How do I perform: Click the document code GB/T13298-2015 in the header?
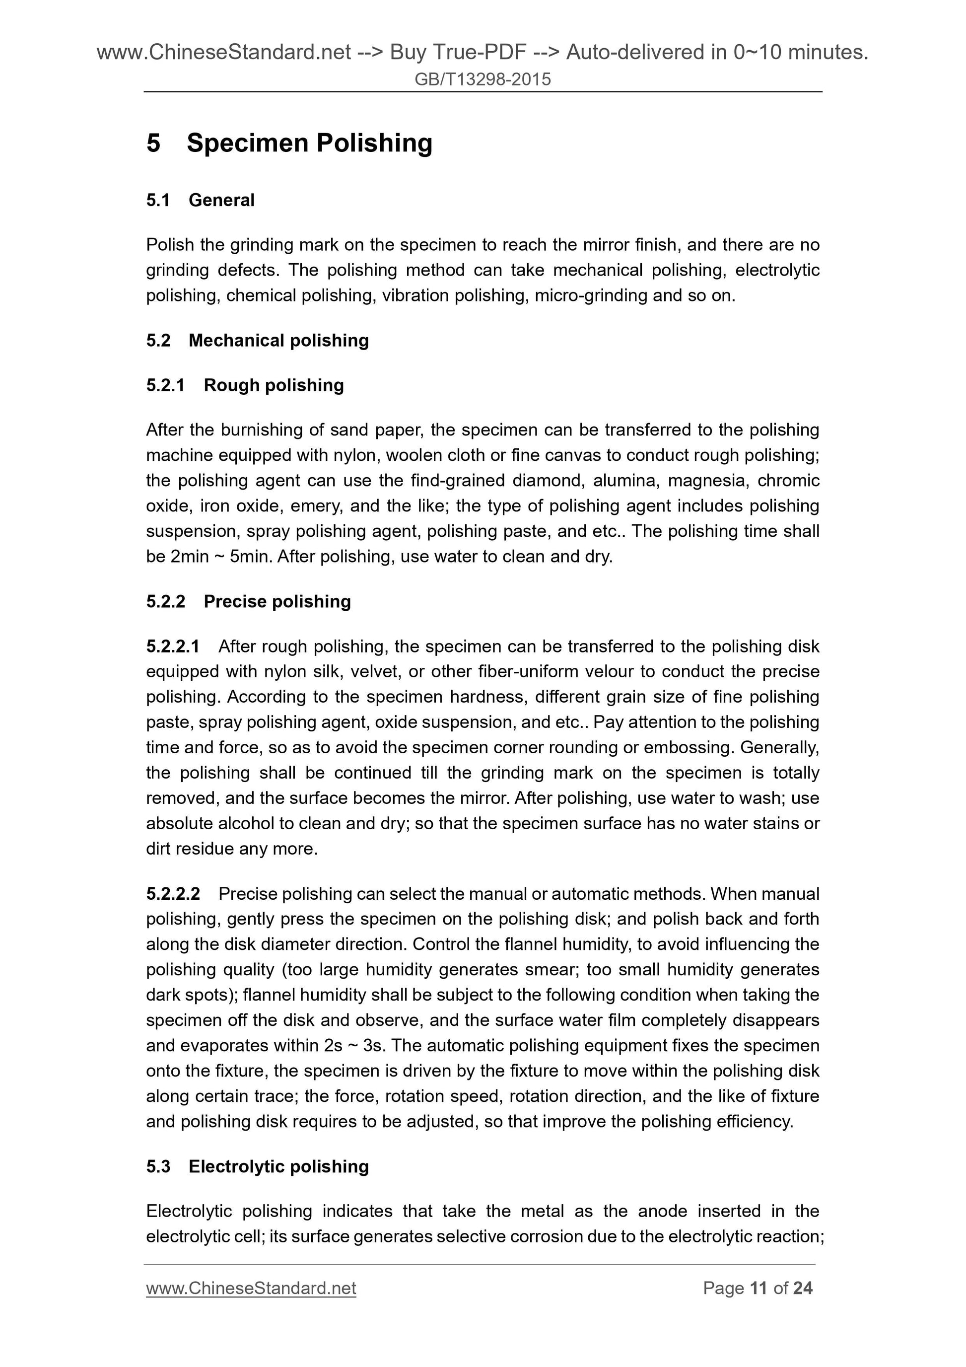[x=482, y=79]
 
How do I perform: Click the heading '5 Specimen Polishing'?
[x=289, y=143]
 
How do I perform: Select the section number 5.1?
[x=158, y=200]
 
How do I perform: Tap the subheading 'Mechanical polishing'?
[x=278, y=341]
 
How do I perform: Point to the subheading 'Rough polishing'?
[x=274, y=385]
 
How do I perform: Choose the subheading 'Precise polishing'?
[x=277, y=601]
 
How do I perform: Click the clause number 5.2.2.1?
[x=173, y=646]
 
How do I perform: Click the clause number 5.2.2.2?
[x=173, y=894]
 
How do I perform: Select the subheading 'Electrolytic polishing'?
[x=278, y=1166]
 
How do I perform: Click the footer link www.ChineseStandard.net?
[x=251, y=1289]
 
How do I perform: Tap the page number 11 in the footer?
[x=759, y=1289]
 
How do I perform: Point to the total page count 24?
[x=802, y=1289]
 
